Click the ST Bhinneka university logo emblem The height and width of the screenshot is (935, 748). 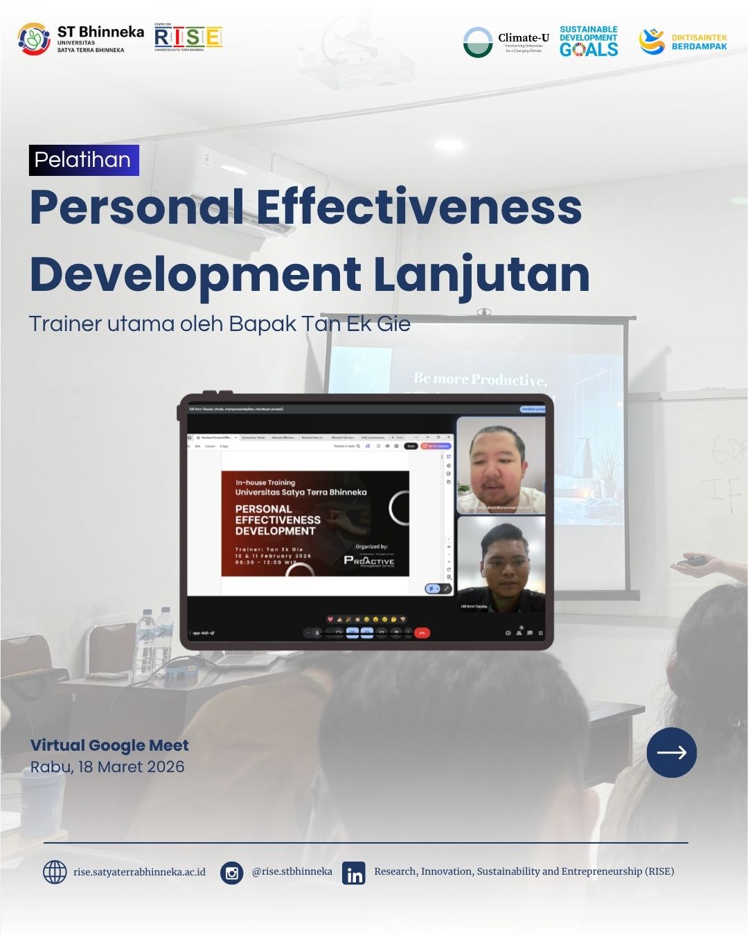coord(34,39)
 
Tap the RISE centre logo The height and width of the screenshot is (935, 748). coord(188,38)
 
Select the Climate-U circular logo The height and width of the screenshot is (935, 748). coord(477,42)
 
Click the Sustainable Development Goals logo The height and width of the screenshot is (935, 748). coord(589,42)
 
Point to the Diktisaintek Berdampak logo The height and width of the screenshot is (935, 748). coord(683,42)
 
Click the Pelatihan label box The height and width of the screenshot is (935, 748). coord(84,160)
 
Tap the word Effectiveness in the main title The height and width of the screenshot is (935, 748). coord(419,207)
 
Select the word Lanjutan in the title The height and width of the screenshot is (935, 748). coord(481,274)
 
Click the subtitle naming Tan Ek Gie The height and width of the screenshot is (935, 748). coord(220,323)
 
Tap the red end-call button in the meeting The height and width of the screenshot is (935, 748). coord(422,632)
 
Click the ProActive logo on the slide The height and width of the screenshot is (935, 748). coord(369,560)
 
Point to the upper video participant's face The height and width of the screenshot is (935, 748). coord(497,464)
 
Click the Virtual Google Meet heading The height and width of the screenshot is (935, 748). coord(109,745)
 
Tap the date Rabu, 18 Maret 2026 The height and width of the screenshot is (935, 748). coord(107,767)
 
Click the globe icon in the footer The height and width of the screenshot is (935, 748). coord(55,872)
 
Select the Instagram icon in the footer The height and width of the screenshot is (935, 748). coord(232,873)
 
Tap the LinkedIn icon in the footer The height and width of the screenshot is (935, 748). coord(354,873)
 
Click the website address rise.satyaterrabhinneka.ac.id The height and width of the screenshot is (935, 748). coord(139,872)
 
